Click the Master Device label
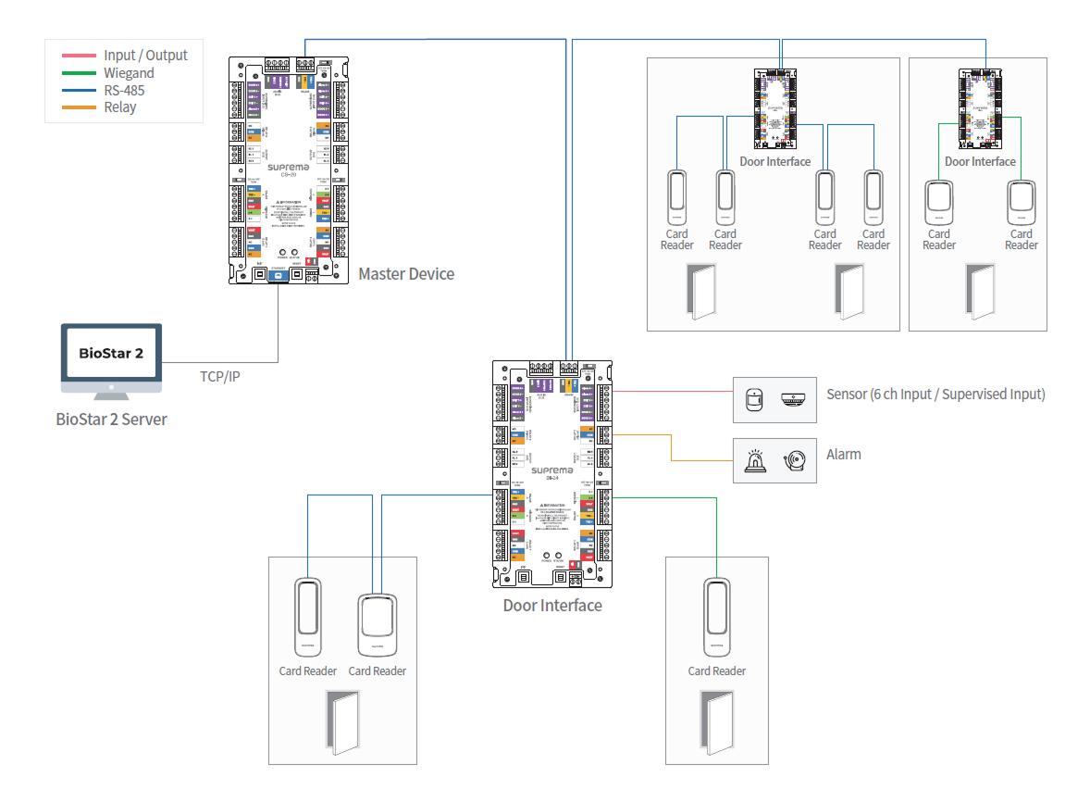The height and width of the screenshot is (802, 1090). pos(406,274)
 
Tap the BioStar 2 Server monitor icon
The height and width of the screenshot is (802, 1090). pos(111,360)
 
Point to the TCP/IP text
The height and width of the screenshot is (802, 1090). pos(219,377)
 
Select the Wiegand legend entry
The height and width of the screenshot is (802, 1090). pos(129,73)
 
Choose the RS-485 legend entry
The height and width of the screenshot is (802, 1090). pos(124,90)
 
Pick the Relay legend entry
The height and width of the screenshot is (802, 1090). pos(119,107)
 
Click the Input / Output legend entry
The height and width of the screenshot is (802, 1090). pos(145,56)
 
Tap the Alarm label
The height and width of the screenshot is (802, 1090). pos(843,455)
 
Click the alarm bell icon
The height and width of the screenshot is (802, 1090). pos(795,459)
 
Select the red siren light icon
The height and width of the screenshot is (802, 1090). pos(755,460)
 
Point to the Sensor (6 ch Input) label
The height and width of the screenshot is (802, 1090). pos(935,395)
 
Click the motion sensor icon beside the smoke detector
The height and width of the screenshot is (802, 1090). pos(754,399)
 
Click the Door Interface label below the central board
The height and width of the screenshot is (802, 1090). pos(551,606)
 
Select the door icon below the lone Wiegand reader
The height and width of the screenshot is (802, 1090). pos(716,721)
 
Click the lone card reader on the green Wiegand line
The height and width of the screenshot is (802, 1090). pos(716,613)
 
